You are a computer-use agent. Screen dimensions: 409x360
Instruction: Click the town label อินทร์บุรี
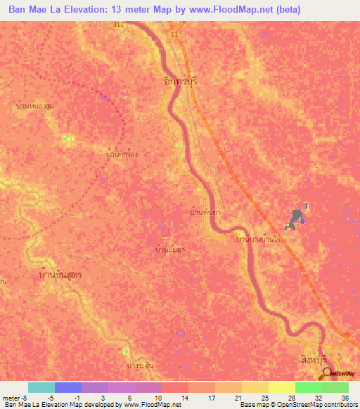180,82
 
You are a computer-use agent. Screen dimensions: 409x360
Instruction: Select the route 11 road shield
174,33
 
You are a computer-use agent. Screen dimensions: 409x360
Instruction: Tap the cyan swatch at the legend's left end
41,387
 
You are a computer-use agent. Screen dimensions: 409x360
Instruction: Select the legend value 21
238,398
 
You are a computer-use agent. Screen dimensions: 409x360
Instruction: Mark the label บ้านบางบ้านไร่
264,240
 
